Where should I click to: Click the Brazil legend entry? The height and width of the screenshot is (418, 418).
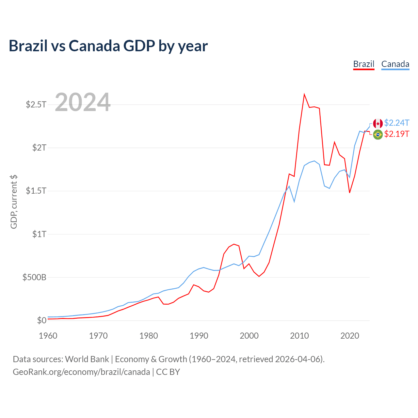pyautogui.click(x=364, y=64)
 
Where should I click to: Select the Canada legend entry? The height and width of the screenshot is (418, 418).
pyautogui.click(x=395, y=64)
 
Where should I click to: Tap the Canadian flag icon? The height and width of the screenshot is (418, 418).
pyautogui.click(x=378, y=123)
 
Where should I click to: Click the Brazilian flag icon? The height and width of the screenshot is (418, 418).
pyautogui.click(x=378, y=134)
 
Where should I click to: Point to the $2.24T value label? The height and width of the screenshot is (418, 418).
pyautogui.click(x=397, y=123)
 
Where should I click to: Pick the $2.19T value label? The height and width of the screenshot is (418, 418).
pyautogui.click(x=397, y=134)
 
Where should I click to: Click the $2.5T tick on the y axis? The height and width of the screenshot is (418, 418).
pyautogui.click(x=36, y=104)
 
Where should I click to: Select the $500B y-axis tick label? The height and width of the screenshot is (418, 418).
pyautogui.click(x=34, y=277)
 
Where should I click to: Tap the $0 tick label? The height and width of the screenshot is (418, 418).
pyautogui.click(x=41, y=320)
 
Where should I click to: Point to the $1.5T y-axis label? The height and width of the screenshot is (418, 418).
pyautogui.click(x=36, y=191)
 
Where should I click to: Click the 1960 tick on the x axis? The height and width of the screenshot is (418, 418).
pyautogui.click(x=48, y=336)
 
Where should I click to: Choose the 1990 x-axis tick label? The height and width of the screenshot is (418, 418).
pyautogui.click(x=199, y=336)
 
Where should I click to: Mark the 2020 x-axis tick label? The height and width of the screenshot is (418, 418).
pyautogui.click(x=350, y=336)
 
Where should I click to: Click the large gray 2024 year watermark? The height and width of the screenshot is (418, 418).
pyautogui.click(x=83, y=103)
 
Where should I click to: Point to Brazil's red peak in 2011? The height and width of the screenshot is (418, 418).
pyautogui.click(x=304, y=95)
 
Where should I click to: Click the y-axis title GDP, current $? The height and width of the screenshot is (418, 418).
pyautogui.click(x=14, y=201)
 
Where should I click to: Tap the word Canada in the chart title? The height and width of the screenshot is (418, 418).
pyautogui.click(x=94, y=46)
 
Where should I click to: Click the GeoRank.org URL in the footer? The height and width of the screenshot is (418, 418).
pyautogui.click(x=81, y=372)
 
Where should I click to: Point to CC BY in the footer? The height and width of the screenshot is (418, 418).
pyautogui.click(x=168, y=372)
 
